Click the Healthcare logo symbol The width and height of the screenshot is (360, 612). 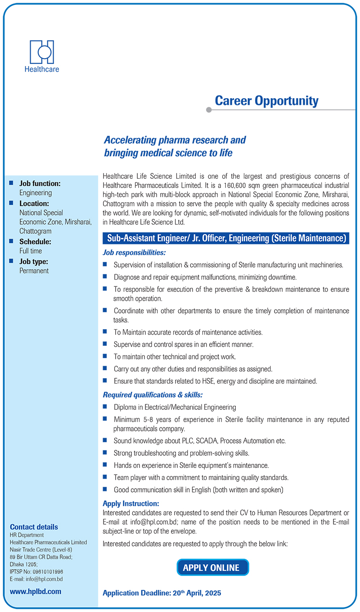[42, 52]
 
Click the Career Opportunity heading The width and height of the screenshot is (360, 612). [266, 101]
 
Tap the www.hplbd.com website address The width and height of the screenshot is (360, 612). [36, 591]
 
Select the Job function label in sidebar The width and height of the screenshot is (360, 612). [40, 183]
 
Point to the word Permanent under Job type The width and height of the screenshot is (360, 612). [34, 271]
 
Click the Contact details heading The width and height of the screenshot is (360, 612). [34, 527]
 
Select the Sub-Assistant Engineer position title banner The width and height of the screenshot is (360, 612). [226, 238]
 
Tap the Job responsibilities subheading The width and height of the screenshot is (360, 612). [134, 253]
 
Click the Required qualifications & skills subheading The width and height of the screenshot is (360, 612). [153, 395]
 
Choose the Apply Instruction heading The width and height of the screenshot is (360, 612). [131, 503]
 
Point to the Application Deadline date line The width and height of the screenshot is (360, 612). [162, 593]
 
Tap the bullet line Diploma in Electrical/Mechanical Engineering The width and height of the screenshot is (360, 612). [175, 407]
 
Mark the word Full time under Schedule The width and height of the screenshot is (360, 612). [31, 251]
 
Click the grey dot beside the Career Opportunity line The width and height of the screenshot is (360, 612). [208, 109]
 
